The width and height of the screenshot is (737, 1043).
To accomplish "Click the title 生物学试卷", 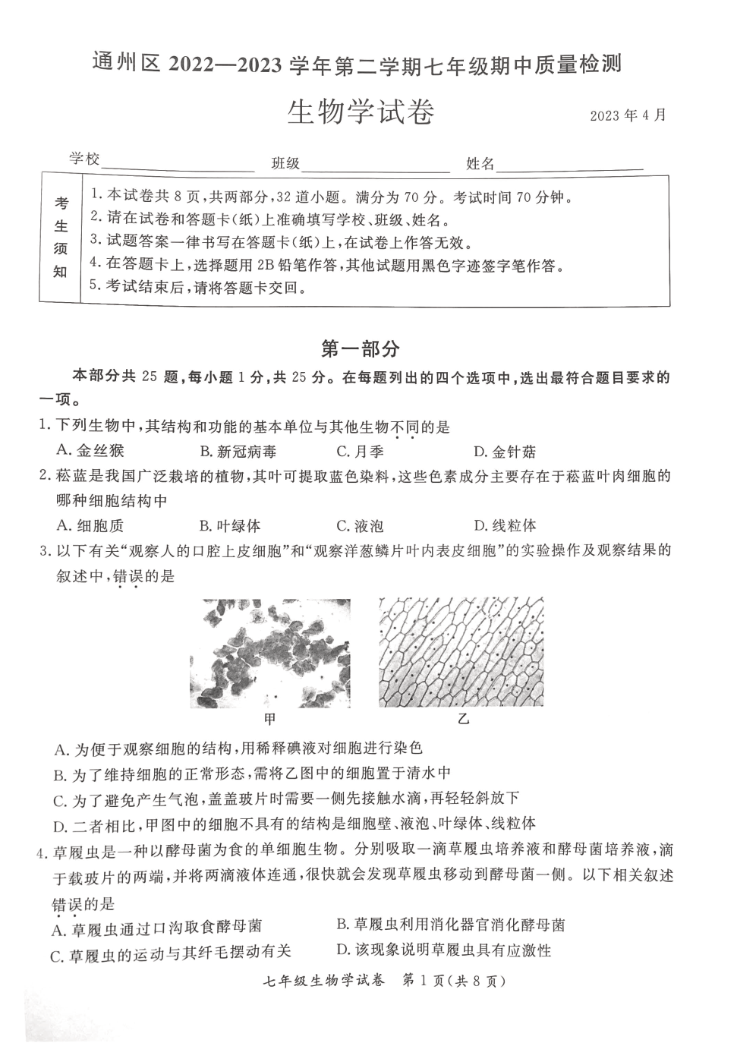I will [x=361, y=112].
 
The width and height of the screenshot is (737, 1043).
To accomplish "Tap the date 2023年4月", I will [x=628, y=115].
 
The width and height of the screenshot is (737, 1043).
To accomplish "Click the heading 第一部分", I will [x=361, y=348].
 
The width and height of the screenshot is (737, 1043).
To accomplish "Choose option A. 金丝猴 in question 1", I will [x=90, y=451].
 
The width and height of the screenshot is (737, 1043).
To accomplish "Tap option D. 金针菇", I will [x=505, y=452].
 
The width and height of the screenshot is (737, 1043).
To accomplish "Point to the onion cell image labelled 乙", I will [x=461, y=652].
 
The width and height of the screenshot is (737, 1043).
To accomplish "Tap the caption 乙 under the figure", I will [x=462, y=718].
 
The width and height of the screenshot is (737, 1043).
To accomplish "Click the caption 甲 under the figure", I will [x=269, y=718].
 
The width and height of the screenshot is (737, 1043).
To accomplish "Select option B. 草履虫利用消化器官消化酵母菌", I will [x=451, y=925].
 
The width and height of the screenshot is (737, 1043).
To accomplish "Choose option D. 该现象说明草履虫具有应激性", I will [x=443, y=950].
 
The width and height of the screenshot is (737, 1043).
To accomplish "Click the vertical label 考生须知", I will [x=61, y=238].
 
